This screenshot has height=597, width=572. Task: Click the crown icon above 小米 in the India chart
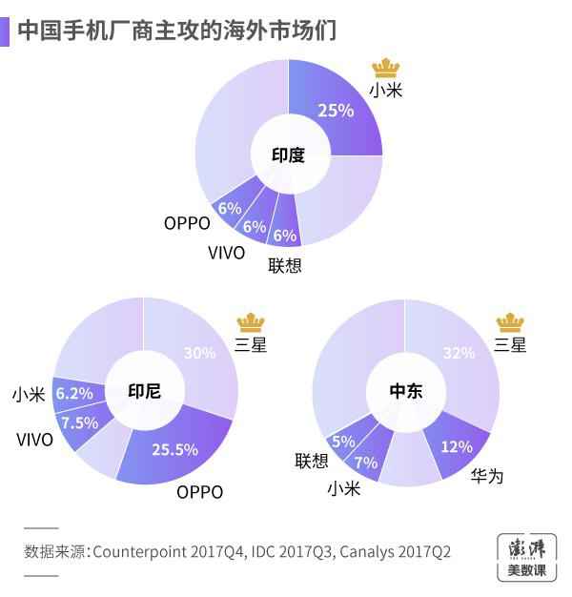(386, 67)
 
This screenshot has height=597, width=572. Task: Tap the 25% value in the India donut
(336, 111)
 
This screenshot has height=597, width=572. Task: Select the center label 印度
(288, 154)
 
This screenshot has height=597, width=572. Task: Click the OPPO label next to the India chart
(187, 223)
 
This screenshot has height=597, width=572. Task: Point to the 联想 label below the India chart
(285, 265)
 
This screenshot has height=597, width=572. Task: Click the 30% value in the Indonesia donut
(199, 353)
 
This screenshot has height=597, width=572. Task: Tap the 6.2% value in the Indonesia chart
(74, 393)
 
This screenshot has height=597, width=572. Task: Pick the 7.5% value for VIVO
(79, 422)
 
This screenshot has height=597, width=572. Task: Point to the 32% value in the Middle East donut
(459, 353)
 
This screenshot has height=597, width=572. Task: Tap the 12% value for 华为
(456, 445)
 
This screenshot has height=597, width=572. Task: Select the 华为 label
(486, 475)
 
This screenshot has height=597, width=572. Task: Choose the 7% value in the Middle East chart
(366, 462)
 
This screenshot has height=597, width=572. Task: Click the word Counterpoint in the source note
(141, 551)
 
